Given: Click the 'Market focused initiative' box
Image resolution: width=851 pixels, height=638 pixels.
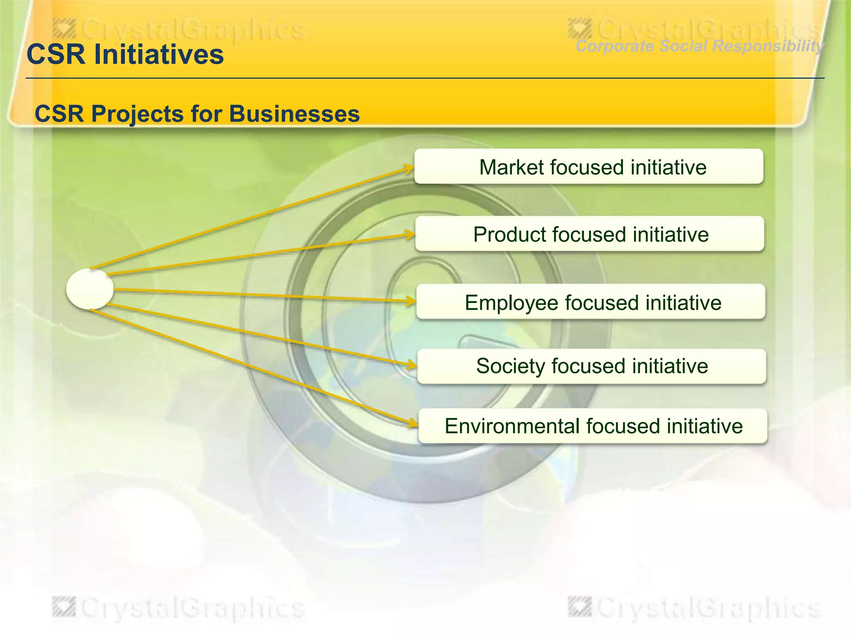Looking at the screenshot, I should [588, 167].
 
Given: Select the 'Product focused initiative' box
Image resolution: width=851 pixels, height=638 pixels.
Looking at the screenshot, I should [589, 234].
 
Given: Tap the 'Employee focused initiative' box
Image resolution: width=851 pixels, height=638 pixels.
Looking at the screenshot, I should [590, 302].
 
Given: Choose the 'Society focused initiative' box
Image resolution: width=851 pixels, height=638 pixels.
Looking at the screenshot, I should [591, 366].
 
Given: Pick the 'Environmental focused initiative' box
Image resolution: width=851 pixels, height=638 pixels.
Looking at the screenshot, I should [593, 426].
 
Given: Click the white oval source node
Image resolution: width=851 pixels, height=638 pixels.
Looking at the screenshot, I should [90, 289].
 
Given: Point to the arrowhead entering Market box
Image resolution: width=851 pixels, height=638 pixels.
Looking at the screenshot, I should [409, 169].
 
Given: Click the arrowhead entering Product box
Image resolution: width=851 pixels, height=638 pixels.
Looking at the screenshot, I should [410, 236].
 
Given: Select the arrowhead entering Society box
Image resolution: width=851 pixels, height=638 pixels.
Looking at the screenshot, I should [411, 365].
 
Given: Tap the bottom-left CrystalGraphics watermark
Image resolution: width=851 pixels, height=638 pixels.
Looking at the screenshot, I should [179, 608].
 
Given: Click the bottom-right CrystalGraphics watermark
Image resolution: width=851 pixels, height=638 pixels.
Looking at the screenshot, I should [694, 608].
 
